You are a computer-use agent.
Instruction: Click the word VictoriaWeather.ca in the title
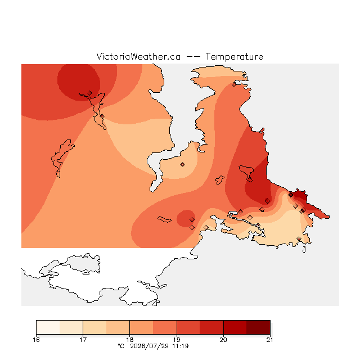(138, 56)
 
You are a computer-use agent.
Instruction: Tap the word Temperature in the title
(234, 56)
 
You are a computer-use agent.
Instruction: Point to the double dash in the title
(193, 57)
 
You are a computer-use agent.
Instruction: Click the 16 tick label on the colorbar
(36, 340)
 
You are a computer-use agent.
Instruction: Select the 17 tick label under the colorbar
(83, 340)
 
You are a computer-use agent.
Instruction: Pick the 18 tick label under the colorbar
(130, 340)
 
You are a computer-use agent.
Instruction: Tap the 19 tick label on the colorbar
(177, 340)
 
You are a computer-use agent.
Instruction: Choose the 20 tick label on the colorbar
(223, 340)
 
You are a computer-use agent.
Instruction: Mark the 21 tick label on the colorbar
(270, 340)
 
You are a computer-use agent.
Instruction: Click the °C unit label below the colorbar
(121, 346)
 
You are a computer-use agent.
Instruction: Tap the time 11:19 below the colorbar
(181, 346)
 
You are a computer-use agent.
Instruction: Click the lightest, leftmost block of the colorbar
(48, 327)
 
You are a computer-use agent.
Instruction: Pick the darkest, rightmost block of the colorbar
(258, 327)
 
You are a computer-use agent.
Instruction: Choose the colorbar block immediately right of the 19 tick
(188, 327)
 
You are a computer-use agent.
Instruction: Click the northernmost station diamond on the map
(234, 85)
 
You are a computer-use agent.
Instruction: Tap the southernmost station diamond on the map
(299, 238)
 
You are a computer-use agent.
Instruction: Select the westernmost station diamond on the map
(90, 93)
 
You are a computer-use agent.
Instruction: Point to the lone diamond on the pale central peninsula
(182, 164)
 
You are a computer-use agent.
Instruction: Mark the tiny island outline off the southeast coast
(304, 250)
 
